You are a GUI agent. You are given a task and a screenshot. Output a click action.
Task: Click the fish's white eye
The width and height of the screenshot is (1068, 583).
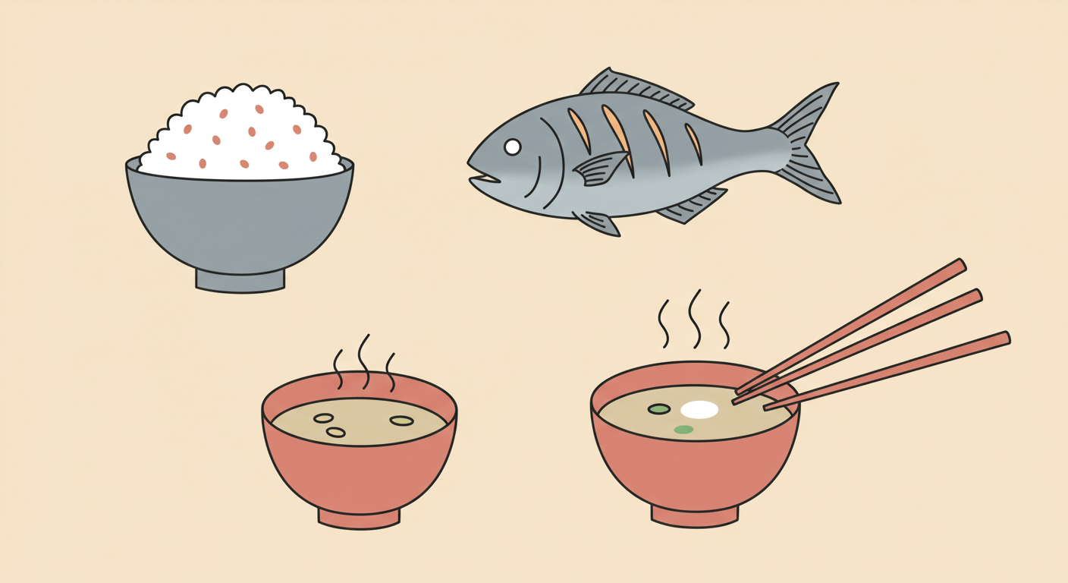point(513,147)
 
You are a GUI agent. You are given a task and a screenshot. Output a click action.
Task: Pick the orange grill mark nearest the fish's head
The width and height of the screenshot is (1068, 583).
point(580,129)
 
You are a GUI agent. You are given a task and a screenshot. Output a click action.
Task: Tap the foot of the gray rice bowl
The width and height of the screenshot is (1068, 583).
point(240,280)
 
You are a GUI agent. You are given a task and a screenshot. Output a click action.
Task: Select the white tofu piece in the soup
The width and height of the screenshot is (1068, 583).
point(699,410)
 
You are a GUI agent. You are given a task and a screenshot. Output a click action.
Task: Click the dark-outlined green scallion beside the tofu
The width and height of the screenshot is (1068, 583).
point(658,409)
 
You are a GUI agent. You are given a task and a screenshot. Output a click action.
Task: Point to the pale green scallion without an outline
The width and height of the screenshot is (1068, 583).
point(683,430)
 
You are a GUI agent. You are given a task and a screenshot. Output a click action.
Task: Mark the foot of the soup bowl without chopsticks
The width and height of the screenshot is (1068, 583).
point(359,518)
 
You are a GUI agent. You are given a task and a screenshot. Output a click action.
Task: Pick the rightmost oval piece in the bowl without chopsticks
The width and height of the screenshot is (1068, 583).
point(401,421)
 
